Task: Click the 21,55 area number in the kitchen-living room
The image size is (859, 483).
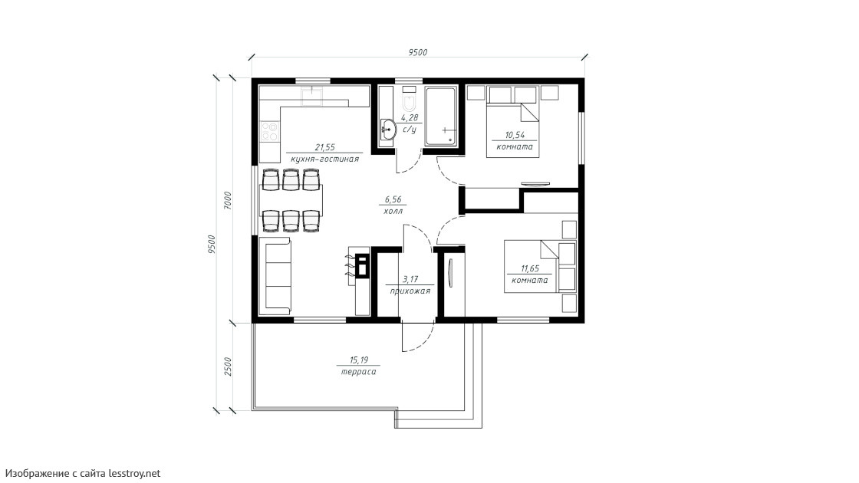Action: point(325,146)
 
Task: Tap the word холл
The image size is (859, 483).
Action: point(393,211)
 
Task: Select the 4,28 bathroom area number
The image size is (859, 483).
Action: point(410,118)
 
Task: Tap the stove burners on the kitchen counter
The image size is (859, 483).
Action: point(269,131)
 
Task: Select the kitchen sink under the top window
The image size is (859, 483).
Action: point(314,97)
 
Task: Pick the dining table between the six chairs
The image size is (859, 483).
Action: point(291,201)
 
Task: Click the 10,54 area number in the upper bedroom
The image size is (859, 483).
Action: point(515,135)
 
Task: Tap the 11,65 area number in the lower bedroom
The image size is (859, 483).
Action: point(529,268)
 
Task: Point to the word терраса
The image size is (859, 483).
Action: point(358,371)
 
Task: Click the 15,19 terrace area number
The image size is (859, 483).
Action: point(359,360)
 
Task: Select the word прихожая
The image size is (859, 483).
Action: point(410,291)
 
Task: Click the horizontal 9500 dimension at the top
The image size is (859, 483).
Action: point(417,53)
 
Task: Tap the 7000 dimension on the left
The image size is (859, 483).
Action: point(228,200)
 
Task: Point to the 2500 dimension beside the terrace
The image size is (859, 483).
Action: point(228,366)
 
